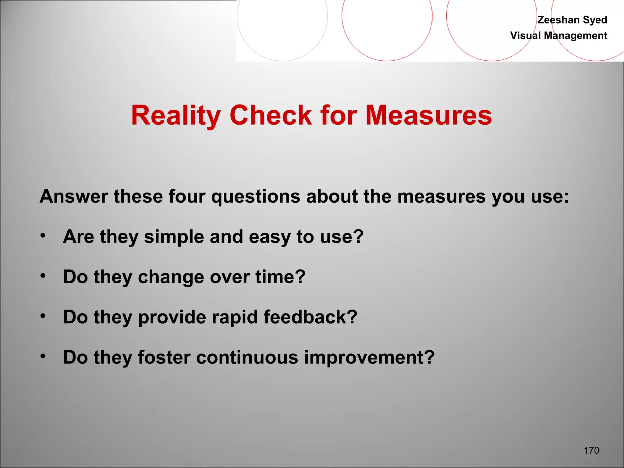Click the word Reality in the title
click(x=176, y=115)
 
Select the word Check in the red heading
click(x=271, y=115)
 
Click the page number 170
click(x=591, y=450)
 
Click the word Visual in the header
click(x=526, y=36)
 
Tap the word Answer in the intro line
click(x=74, y=196)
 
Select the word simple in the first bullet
click(x=174, y=237)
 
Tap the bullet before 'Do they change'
click(x=43, y=276)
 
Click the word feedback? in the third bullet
click(x=310, y=317)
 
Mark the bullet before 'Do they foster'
click(x=43, y=356)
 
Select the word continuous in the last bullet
click(x=247, y=357)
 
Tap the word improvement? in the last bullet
click(x=369, y=358)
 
